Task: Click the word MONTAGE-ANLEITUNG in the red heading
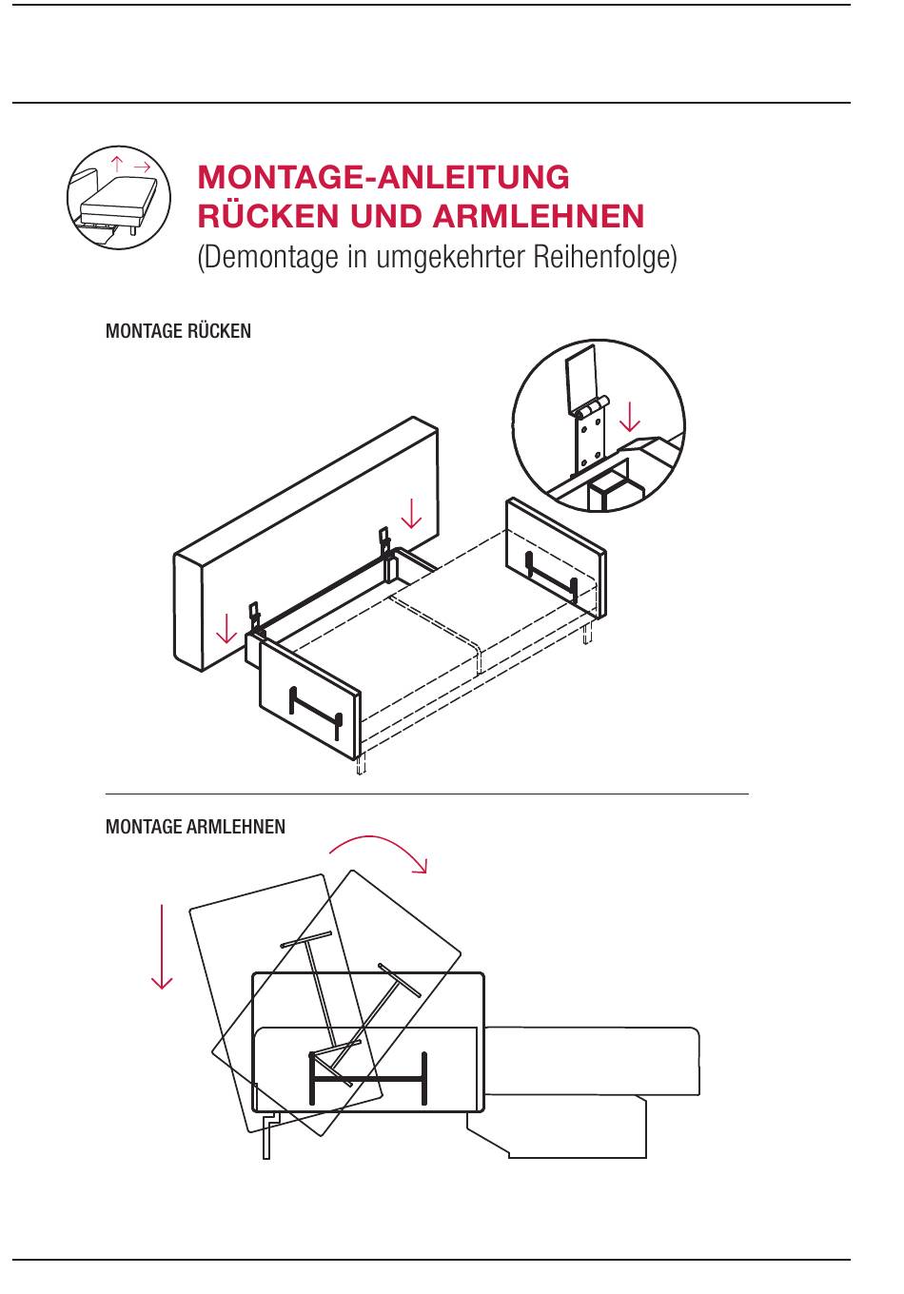click(383, 178)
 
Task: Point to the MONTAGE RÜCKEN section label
click(178, 331)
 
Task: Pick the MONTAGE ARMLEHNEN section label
click(195, 827)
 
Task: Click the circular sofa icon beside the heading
click(118, 199)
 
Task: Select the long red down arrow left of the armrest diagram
click(163, 946)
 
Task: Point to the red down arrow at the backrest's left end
click(226, 628)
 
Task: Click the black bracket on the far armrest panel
click(550, 575)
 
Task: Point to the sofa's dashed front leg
click(361, 764)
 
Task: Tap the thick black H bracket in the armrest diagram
click(368, 1079)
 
